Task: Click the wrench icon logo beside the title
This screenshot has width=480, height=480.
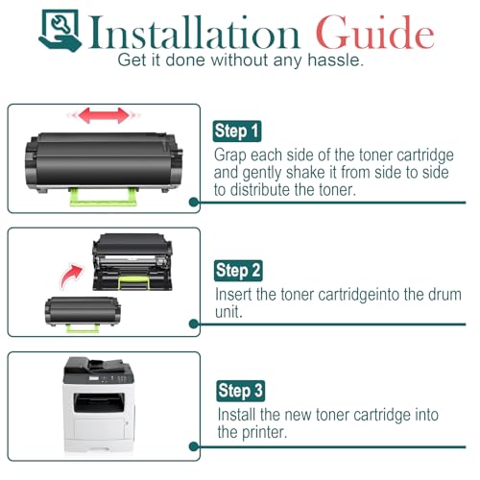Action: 60,30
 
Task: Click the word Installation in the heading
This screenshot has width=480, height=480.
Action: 195,34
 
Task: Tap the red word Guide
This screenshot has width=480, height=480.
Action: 375,33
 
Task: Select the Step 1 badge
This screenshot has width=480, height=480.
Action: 237,132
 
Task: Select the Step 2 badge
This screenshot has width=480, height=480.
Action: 238,271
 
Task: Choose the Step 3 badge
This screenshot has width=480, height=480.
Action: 240,391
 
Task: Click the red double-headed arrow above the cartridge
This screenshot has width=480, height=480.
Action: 104,115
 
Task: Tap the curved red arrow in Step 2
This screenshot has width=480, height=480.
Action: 72,276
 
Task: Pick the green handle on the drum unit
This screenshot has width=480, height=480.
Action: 133,282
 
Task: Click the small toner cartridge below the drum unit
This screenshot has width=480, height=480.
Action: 83,313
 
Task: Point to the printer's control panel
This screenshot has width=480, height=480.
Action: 108,379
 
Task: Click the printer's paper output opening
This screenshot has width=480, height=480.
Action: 99,402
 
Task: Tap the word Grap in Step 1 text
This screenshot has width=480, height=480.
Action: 230,156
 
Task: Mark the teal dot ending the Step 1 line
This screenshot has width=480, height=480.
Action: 194,202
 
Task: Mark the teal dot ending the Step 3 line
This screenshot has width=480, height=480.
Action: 194,446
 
